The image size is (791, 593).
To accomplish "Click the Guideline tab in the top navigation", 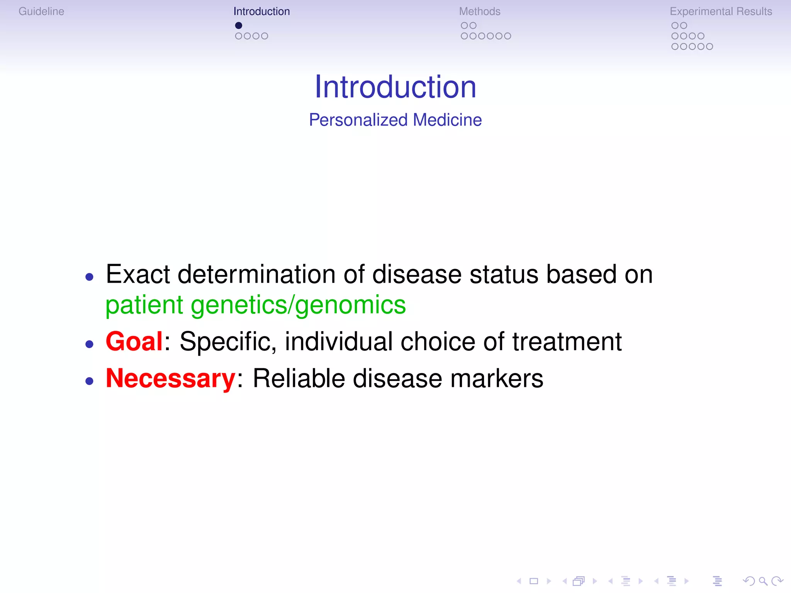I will pyautogui.click(x=41, y=12).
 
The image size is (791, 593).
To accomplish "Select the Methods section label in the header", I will pyautogui.click(x=479, y=12).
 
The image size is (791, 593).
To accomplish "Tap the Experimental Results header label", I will pyautogui.click(x=721, y=12).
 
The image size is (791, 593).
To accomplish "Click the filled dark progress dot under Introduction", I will pyautogui.click(x=239, y=25).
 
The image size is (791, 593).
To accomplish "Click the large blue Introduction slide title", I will pyautogui.click(x=395, y=87).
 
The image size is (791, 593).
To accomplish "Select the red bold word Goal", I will pyautogui.click(x=134, y=342).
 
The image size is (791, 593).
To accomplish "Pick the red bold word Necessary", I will pyautogui.click(x=170, y=378).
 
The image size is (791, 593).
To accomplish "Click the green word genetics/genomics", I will pyautogui.click(x=298, y=305).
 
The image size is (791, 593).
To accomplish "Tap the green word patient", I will pyautogui.click(x=144, y=305).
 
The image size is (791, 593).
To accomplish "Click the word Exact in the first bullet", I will pyautogui.click(x=138, y=274).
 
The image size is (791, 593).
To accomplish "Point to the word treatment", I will pyautogui.click(x=567, y=342).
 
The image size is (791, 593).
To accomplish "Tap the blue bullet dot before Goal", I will pyautogui.click(x=90, y=344).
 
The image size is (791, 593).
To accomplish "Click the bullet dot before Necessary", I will pyautogui.click(x=90, y=381).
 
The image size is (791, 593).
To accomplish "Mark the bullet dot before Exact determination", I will pyautogui.click(x=90, y=277).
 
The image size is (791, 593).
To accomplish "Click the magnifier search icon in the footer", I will pyautogui.click(x=763, y=581).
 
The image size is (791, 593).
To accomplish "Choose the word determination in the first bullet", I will pyautogui.click(x=256, y=274).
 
